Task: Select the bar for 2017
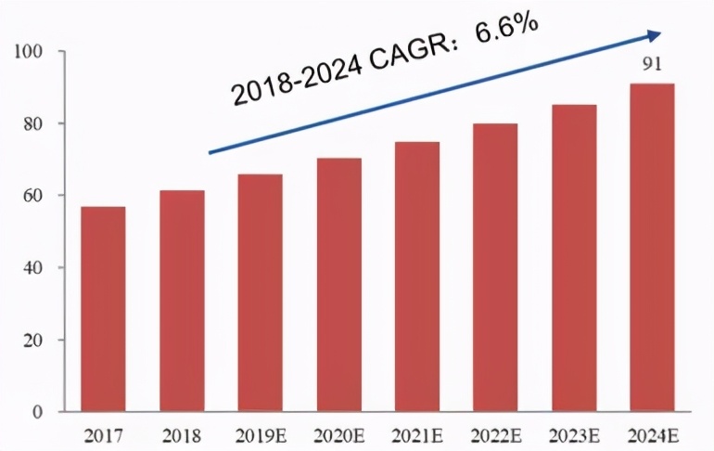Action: (x=103, y=309)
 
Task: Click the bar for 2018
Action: (x=182, y=302)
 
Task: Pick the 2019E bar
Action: (x=260, y=293)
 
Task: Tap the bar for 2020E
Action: (x=338, y=285)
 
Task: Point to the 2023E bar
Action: (x=574, y=258)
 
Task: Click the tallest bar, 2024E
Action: (x=652, y=248)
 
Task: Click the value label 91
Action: (x=652, y=65)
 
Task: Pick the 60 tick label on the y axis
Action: (x=37, y=196)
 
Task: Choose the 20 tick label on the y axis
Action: (x=37, y=341)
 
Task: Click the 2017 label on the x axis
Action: (x=103, y=433)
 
